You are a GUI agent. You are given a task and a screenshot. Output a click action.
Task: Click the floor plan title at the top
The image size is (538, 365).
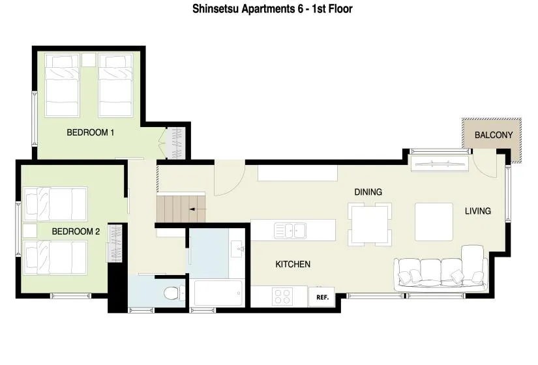[273, 9]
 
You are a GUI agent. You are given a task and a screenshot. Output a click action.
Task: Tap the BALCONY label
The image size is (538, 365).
[493, 136]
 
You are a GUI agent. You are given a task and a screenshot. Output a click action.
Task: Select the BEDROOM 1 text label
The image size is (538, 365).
[91, 133]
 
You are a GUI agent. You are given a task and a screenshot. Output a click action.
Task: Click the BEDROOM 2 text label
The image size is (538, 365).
[76, 231]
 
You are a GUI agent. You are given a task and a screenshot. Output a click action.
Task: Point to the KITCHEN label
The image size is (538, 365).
[293, 265]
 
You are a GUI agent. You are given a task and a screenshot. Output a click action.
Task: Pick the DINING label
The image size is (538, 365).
[368, 192]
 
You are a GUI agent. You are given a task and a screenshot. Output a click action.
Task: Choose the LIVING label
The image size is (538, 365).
[477, 211]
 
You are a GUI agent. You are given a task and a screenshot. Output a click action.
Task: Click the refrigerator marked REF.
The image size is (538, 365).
[321, 297]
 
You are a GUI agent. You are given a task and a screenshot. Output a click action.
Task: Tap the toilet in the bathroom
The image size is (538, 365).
[172, 293]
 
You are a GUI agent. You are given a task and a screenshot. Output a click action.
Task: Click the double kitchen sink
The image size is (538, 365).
[291, 230]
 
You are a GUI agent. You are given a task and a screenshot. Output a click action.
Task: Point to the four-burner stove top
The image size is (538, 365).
[283, 296]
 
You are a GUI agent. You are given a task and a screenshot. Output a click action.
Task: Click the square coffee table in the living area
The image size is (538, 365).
[434, 222]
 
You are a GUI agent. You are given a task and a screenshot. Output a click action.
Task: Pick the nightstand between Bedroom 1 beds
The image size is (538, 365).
[88, 60]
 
